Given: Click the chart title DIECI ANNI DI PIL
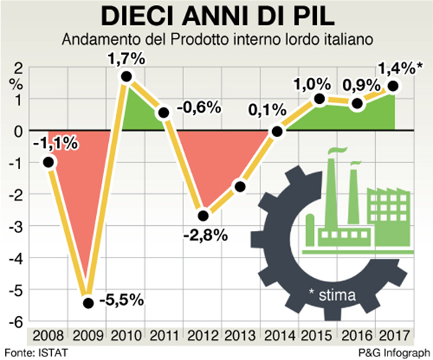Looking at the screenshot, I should [216, 16].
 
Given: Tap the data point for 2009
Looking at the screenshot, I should [88, 303].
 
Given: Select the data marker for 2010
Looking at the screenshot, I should [126, 76].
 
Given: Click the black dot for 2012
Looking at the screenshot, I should [204, 215].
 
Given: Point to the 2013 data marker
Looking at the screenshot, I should [240, 187].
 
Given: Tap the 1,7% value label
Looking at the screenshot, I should [127, 57].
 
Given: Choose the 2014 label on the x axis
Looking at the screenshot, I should [279, 336].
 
